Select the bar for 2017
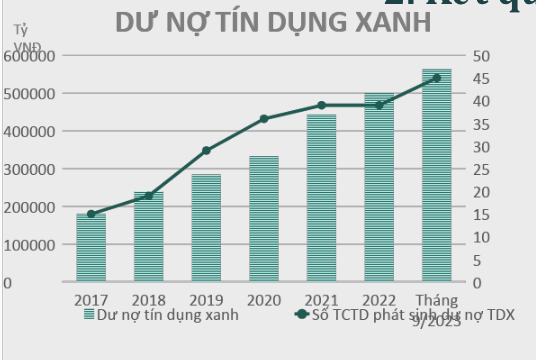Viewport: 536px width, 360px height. [91, 247]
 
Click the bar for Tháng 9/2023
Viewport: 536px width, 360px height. [436, 175]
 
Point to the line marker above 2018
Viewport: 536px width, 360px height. [148, 195]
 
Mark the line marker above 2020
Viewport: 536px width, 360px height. [264, 119]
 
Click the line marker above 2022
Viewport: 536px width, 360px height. [379, 105]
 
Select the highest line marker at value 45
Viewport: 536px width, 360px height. [436, 77]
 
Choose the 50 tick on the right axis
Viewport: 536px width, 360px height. [480, 56]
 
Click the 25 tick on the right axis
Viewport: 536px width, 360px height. [480, 169]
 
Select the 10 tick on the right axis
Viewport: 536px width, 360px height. [480, 237]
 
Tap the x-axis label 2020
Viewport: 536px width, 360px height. [264, 299]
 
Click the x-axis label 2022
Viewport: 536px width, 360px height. [379, 299]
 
